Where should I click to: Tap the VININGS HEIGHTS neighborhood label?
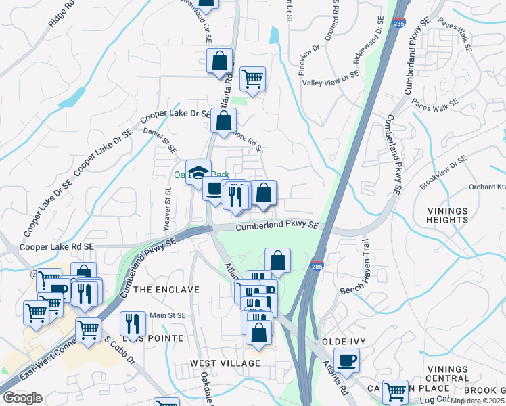pyautogui.click(x=447, y=215)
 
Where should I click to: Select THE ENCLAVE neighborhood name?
pyautogui.click(x=166, y=290)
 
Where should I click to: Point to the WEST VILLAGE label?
pyautogui.click(x=225, y=363)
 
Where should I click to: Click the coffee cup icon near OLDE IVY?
pyautogui.click(x=347, y=359)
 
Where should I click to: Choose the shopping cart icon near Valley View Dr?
pyautogui.click(x=252, y=78)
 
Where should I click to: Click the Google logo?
pyautogui.click(x=22, y=399)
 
